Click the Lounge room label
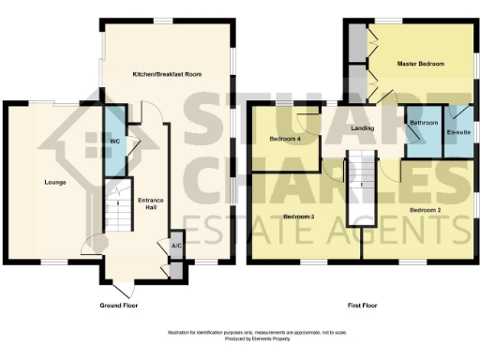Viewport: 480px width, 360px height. pyautogui.click(x=53, y=181)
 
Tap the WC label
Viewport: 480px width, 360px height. pyautogui.click(x=113, y=142)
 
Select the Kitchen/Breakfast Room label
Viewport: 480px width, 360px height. pyautogui.click(x=168, y=73)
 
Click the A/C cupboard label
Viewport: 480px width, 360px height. pyautogui.click(x=175, y=246)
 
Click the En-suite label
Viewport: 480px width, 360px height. pyautogui.click(x=457, y=132)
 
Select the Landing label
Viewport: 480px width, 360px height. pyautogui.click(x=363, y=128)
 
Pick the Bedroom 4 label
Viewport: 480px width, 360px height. pyautogui.click(x=284, y=139)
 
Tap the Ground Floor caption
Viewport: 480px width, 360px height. pyautogui.click(x=119, y=306)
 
